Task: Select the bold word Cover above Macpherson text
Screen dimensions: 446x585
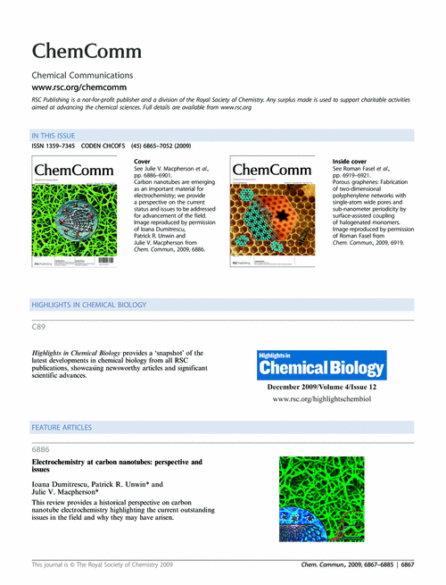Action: [x=142, y=161]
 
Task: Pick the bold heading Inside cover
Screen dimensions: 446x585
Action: [x=348, y=161]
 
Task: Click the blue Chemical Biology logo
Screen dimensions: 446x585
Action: [x=321, y=365]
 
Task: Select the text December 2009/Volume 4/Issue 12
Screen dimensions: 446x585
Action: [x=321, y=388]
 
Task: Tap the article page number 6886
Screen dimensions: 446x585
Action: [x=42, y=450]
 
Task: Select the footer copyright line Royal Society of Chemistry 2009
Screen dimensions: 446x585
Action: [x=108, y=565]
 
